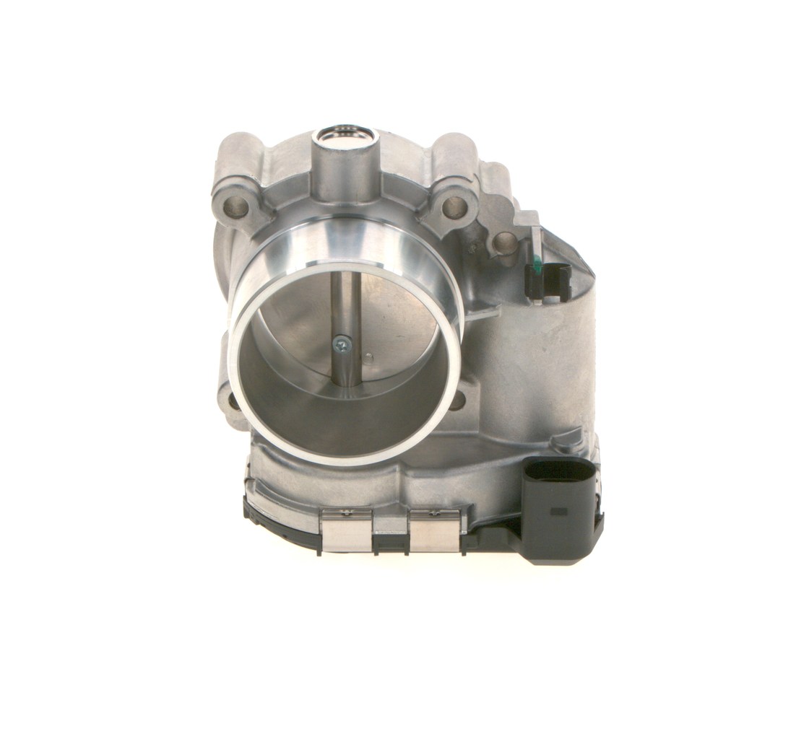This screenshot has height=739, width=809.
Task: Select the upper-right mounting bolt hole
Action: pyautogui.click(x=454, y=208)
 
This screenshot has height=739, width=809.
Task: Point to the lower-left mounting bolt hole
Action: pyautogui.click(x=230, y=399)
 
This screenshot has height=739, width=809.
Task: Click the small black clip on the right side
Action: pyautogui.click(x=551, y=280)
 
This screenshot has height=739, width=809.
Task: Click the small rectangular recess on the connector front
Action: pyautogui.click(x=558, y=511)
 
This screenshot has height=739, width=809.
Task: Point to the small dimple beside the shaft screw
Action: pyautogui.click(x=368, y=356)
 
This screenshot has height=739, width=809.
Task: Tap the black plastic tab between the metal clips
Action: pyautogui.click(x=390, y=538)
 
